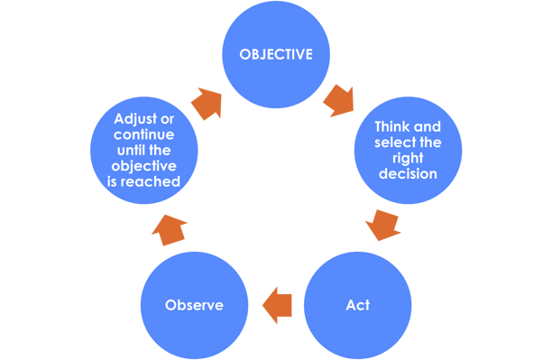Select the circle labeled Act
pyautogui.click(x=357, y=304)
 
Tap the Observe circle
pyautogui.click(x=194, y=304)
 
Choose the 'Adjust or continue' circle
pyautogui.click(x=144, y=153)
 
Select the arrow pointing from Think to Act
pyautogui.click(x=382, y=224)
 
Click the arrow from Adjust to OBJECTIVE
pyautogui.click(x=207, y=102)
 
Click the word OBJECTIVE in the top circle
pyautogui.click(x=276, y=55)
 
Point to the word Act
pyautogui.click(x=357, y=305)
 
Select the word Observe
pyautogui.click(x=194, y=305)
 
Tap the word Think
pyautogui.click(x=393, y=127)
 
